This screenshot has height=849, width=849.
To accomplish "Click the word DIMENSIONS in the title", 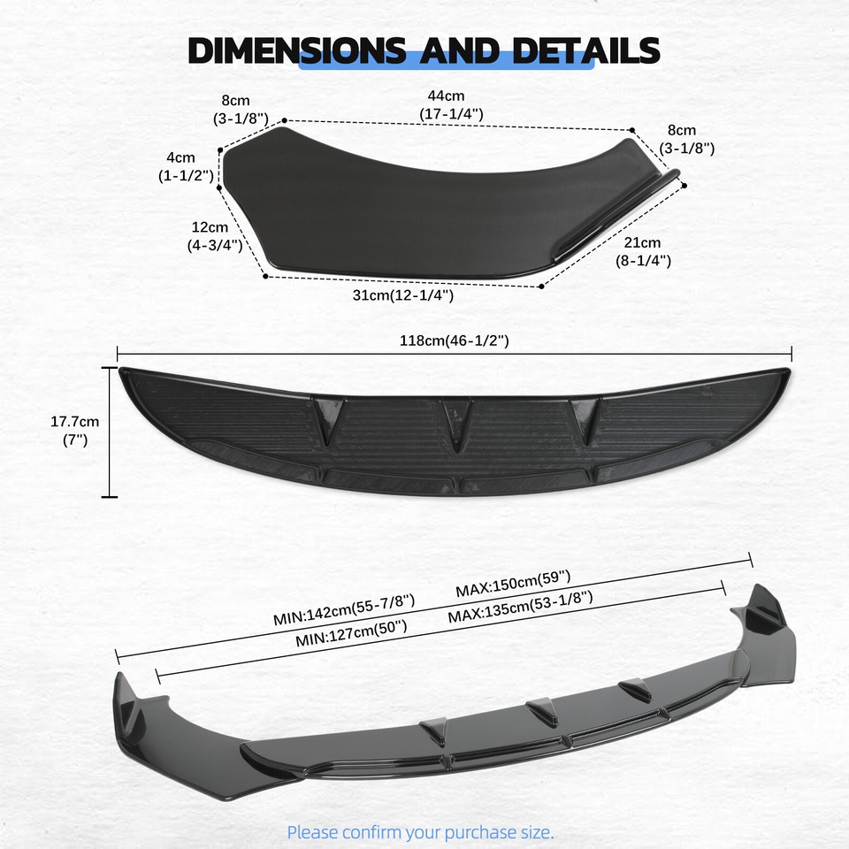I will tap(297, 50).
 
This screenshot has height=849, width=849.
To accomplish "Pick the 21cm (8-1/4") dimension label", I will tap(643, 251).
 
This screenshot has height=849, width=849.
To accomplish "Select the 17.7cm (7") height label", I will tap(74, 430).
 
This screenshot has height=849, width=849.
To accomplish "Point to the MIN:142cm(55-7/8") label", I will tap(344, 609).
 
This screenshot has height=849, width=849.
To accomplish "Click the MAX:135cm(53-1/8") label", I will tap(520, 608).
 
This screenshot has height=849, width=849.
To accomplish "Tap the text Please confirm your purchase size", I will tap(420, 831).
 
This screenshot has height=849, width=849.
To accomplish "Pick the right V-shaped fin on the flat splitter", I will tap(585, 416).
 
